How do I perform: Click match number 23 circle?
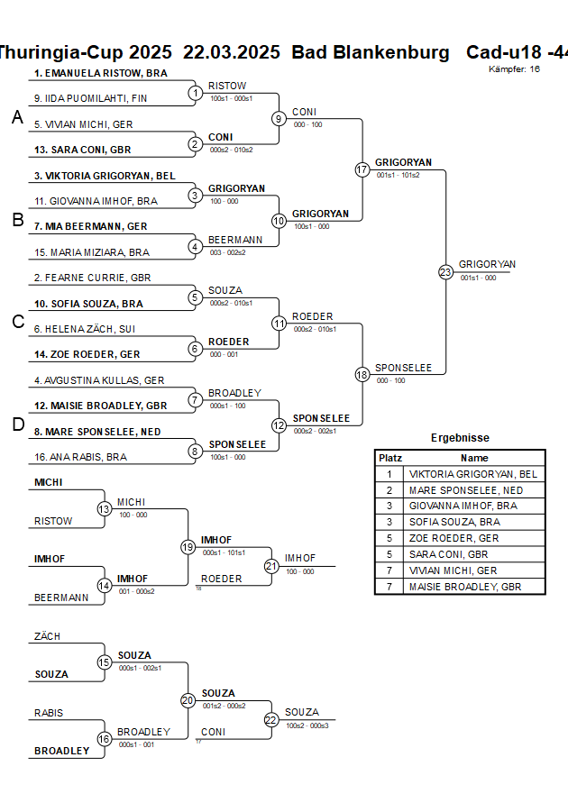pyautogui.click(x=445, y=271)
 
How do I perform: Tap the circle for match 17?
pyautogui.click(x=362, y=169)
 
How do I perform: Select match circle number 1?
pyautogui.click(x=196, y=93)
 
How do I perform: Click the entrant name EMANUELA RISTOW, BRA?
pyautogui.click(x=100, y=73)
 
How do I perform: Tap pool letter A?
pyautogui.click(x=16, y=117)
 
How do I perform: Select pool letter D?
pyautogui.click(x=17, y=424)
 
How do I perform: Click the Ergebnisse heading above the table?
pyautogui.click(x=460, y=438)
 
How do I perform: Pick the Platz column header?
pyautogui.click(x=390, y=458)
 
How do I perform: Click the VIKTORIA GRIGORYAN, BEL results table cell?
pyautogui.click(x=473, y=474)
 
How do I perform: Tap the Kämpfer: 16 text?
pyautogui.click(x=515, y=68)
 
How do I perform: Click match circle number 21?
pyautogui.click(x=271, y=566)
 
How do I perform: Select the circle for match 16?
pyautogui.click(x=105, y=739)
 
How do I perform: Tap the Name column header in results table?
pyautogui.click(x=473, y=458)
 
